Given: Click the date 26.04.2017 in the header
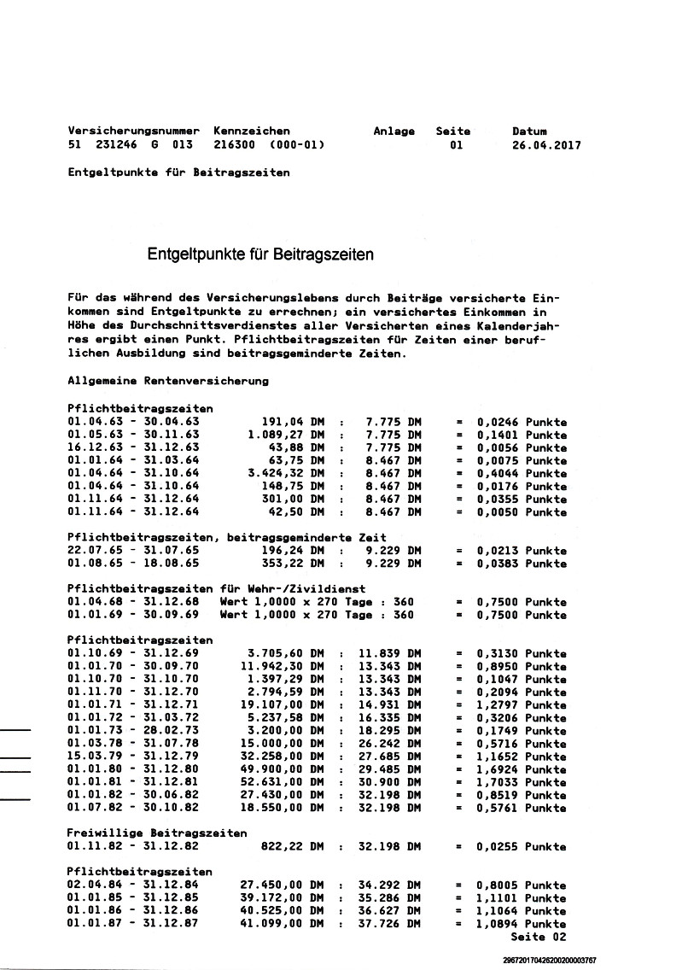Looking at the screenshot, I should (546, 145).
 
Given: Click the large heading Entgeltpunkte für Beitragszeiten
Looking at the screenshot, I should (260, 254).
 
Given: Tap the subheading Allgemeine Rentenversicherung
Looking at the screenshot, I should (168, 380).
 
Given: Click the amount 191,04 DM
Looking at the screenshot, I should (293, 422).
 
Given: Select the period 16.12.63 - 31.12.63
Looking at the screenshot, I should (133, 447).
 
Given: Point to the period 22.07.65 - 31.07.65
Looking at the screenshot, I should (133, 551).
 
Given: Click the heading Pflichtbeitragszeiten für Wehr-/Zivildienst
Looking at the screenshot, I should (217, 589).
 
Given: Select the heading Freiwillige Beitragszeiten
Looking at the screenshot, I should (157, 833).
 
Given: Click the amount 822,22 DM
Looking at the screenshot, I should (293, 846).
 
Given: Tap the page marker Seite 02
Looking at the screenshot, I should (538, 937).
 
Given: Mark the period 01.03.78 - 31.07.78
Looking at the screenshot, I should (133, 744).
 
